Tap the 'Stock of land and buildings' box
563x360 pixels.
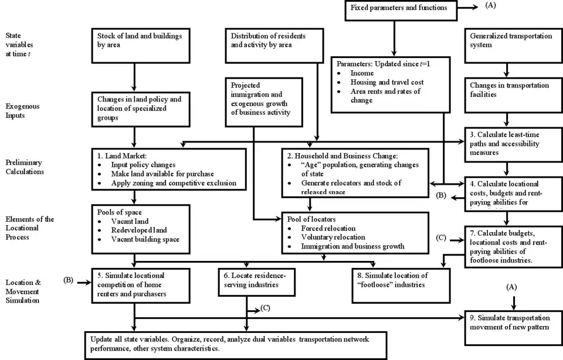click(140, 44)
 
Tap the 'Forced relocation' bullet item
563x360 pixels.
click(328, 228)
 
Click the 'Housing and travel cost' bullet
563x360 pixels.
click(387, 83)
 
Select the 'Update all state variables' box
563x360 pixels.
click(235, 343)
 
